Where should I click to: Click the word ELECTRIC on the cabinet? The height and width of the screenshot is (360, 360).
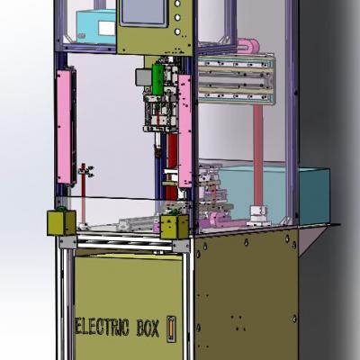pos(102,327)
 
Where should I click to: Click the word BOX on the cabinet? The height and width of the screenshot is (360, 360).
pos(148,328)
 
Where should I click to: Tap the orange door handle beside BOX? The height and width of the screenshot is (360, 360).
pos(171,328)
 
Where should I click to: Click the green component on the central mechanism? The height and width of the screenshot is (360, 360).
pos(157,79)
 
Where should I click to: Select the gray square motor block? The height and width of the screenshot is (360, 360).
pos(144,77)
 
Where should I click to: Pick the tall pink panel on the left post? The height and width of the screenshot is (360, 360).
pos(65,127)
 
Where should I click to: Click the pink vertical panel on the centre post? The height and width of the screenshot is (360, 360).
pos(185,131)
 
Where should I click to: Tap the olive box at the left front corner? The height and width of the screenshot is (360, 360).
pos(61,222)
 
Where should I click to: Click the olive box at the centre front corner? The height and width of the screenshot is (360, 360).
pos(175,227)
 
